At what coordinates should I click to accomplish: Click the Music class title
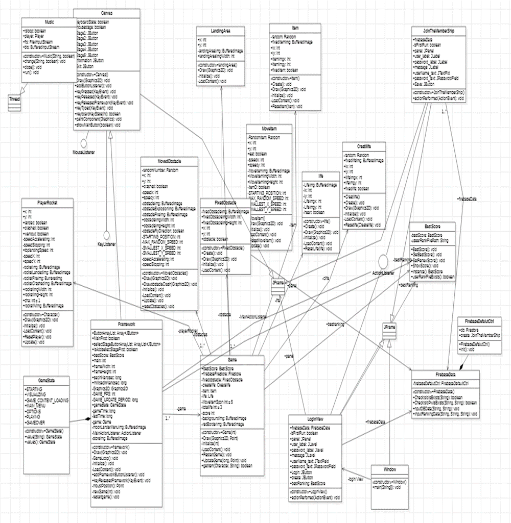point(50,22)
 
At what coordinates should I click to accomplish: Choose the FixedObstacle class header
point(225,203)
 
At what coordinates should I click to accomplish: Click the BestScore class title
point(432,225)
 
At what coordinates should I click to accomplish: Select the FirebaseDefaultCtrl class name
point(479,320)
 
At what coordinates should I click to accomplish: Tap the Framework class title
point(126,325)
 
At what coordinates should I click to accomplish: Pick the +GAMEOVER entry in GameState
point(36,422)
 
